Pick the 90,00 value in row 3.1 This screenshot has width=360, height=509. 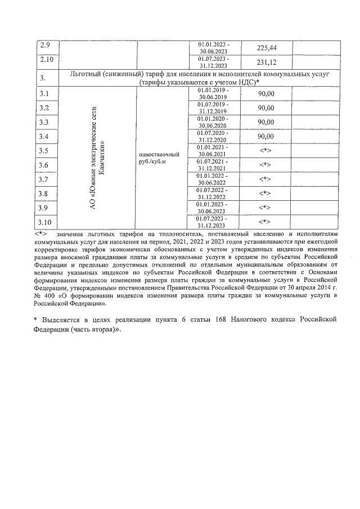click(265, 94)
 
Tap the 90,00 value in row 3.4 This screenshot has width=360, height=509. click(265, 137)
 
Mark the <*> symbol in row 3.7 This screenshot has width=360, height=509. click(265, 179)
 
